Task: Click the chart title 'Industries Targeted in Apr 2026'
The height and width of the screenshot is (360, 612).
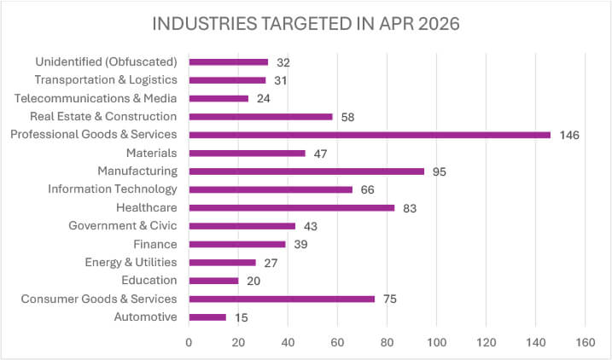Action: pos(306,24)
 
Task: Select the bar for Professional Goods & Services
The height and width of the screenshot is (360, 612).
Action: pos(370,135)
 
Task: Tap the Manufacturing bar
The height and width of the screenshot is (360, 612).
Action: pos(306,171)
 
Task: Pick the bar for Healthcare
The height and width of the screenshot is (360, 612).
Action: pos(292,208)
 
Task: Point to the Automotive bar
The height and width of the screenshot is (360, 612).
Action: pos(207,317)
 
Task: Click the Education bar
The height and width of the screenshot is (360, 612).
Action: pos(214,281)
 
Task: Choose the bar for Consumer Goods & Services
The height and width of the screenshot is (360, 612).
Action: pos(282,299)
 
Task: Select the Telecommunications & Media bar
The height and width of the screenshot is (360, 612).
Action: pos(219,99)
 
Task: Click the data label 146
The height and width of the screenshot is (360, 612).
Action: pos(569,136)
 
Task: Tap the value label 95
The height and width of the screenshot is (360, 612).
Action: pos(439,172)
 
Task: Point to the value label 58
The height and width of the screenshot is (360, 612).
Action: pos(347,118)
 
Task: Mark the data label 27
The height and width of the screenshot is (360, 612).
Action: pos(271,264)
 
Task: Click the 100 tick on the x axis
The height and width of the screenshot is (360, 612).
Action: pos(436,342)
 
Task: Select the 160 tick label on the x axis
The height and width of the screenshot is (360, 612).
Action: pos(585,342)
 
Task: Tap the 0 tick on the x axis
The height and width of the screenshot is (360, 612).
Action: pos(189,342)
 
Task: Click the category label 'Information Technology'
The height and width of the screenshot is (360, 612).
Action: pos(113,189)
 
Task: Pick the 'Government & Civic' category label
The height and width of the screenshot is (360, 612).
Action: pos(123,226)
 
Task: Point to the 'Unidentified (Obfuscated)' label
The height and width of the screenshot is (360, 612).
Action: pos(106,62)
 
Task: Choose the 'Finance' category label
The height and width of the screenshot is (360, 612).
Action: pos(155,244)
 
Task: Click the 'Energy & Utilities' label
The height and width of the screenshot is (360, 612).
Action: pos(131,263)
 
